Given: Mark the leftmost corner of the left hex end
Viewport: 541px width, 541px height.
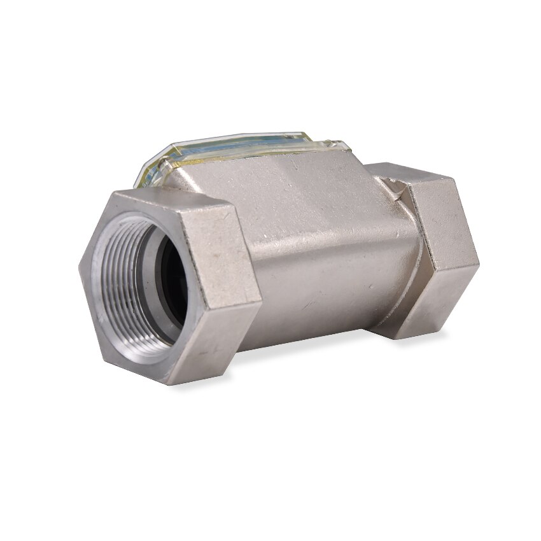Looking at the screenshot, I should coord(81,267).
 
